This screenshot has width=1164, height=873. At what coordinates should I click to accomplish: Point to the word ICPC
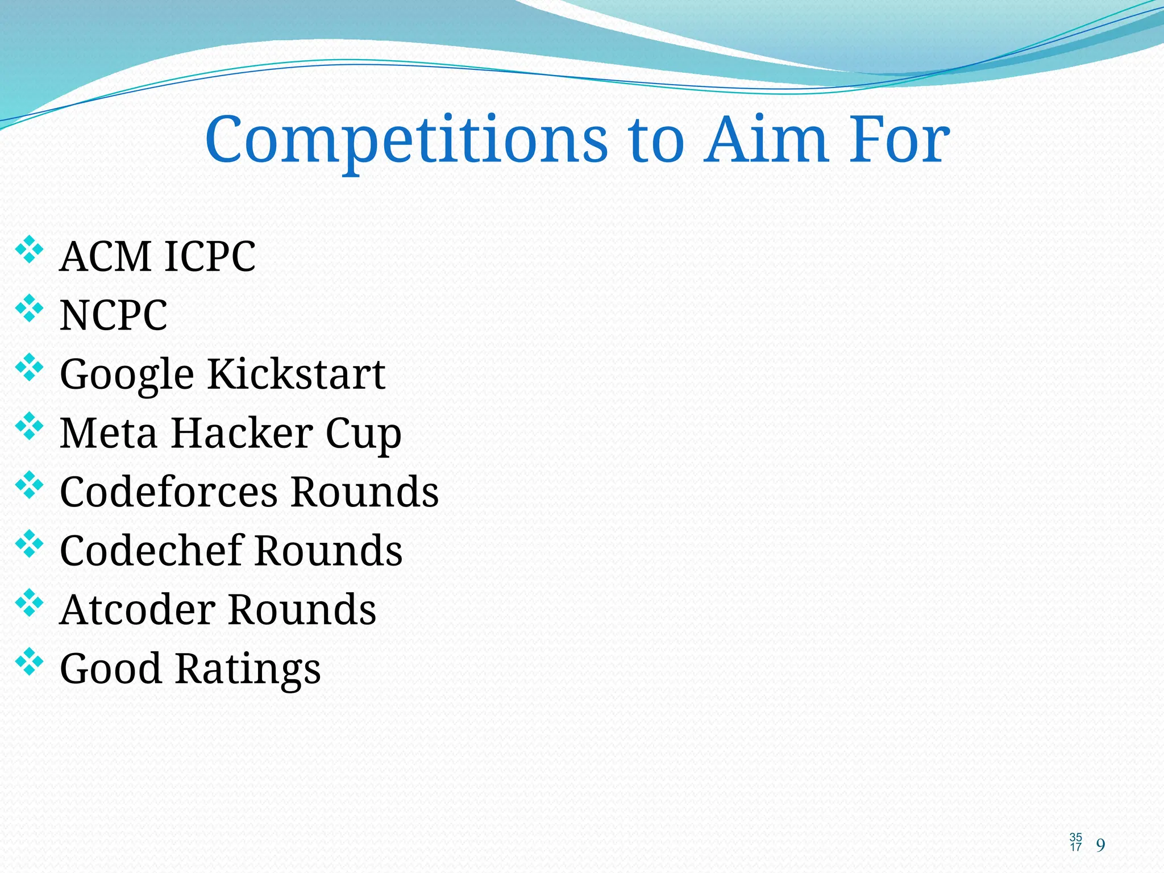coord(210,257)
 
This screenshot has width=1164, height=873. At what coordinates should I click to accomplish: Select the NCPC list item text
coord(114,315)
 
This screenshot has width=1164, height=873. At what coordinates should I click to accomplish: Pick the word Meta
coord(109,433)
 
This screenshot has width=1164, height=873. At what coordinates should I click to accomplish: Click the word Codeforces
coord(169,492)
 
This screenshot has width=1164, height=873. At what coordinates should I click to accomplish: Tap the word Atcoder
coord(137,609)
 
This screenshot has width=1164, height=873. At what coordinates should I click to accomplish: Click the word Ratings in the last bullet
coord(248,670)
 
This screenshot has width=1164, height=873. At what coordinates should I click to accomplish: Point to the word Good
coord(111,668)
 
